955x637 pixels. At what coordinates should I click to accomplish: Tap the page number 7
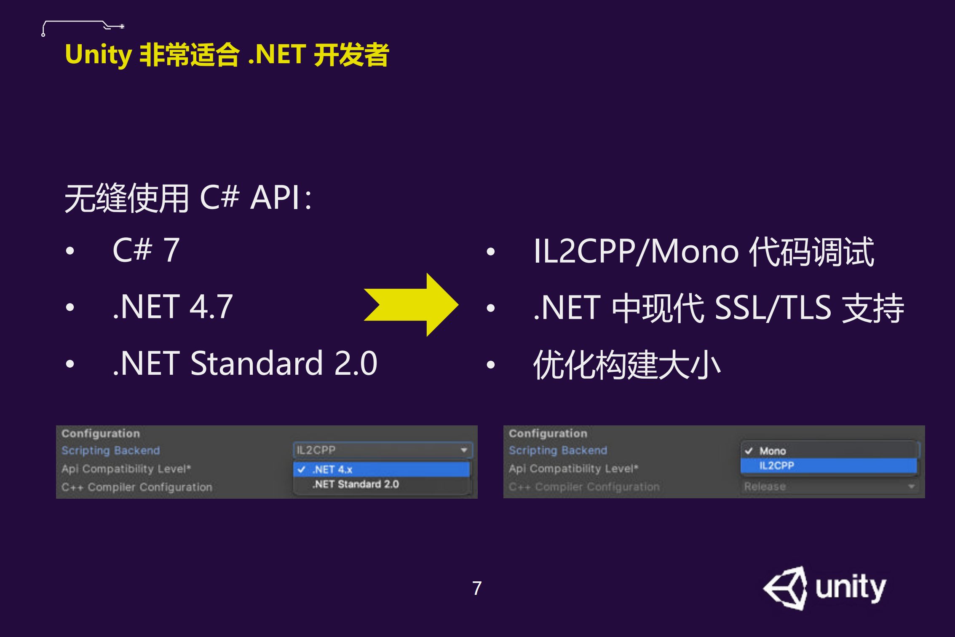point(476,588)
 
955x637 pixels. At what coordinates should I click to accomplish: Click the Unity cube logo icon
point(786,588)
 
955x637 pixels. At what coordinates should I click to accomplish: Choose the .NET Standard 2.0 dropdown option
point(356,484)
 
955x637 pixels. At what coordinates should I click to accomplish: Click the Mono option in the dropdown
point(772,451)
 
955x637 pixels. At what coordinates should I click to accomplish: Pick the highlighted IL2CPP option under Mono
point(776,466)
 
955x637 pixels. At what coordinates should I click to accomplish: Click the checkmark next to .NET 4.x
point(301,469)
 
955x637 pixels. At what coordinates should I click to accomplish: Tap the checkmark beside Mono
point(749,451)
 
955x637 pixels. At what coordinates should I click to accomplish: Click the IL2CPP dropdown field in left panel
point(382,450)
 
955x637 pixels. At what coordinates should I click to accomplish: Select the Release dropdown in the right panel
point(829,486)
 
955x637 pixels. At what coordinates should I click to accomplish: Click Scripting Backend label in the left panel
point(111,450)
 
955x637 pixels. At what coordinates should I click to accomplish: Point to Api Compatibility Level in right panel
point(573,468)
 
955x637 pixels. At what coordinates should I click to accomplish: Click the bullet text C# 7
point(146,250)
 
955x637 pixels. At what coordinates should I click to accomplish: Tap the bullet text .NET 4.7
point(172,306)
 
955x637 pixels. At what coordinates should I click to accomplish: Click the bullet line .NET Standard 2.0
point(245,363)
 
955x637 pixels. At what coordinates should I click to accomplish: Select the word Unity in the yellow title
point(99,55)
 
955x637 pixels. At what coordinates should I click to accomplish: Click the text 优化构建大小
point(627,365)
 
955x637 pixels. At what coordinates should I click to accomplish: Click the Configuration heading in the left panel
point(101,433)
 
